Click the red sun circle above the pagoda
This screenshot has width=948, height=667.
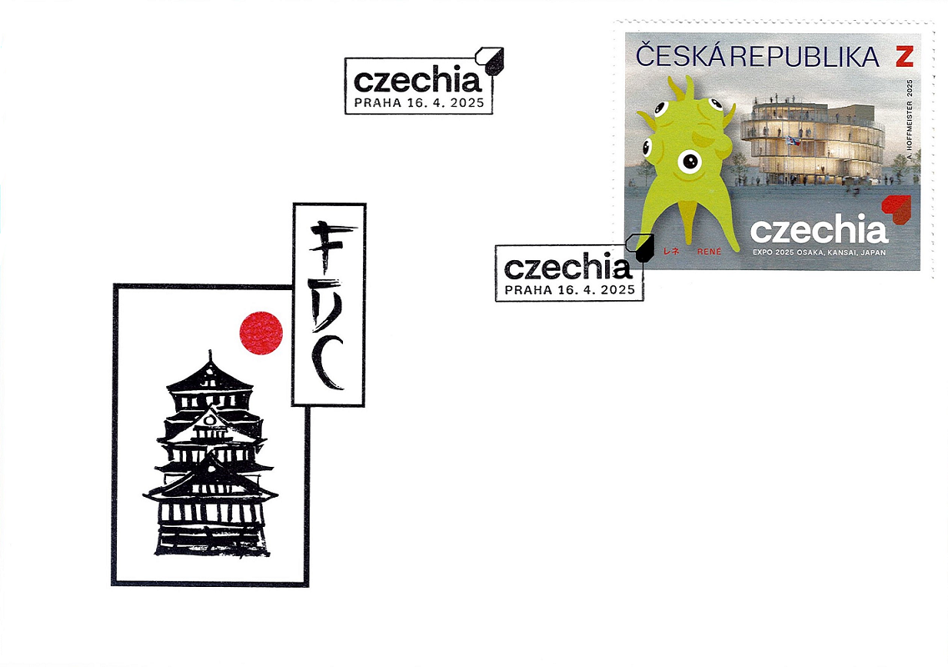tap(261, 333)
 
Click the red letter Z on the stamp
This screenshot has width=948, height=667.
tap(905, 56)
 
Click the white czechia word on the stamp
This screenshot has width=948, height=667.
tap(819, 230)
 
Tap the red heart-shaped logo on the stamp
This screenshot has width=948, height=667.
tap(896, 209)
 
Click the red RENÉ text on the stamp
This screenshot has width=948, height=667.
tap(709, 251)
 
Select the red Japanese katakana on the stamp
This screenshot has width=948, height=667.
tap(672, 251)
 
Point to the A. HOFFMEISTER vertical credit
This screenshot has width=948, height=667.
tap(910, 118)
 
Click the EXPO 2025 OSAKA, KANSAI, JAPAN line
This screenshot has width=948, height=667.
tap(819, 253)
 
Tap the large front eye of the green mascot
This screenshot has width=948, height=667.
tap(689, 162)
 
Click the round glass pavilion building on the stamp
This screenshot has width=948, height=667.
tap(812, 143)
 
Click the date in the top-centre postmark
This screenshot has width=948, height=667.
tap(446, 103)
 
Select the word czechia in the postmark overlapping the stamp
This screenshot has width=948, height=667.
tap(568, 268)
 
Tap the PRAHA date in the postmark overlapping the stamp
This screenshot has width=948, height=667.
tap(569, 290)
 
